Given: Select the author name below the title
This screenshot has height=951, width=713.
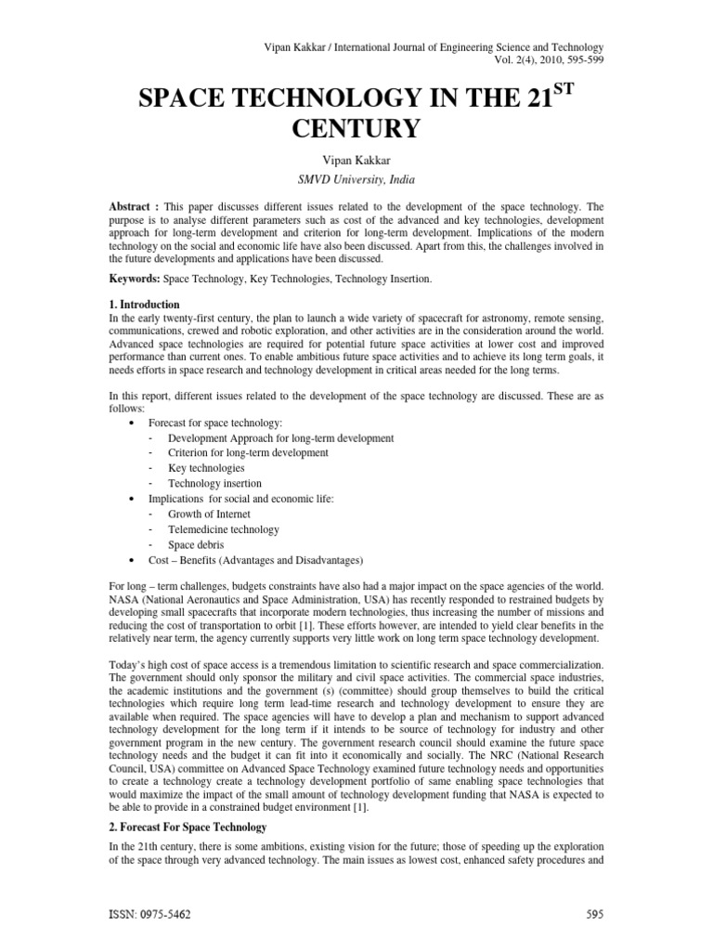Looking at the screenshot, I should pyautogui.click(x=356, y=161).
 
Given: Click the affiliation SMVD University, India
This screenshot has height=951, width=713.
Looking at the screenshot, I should pyautogui.click(x=356, y=180).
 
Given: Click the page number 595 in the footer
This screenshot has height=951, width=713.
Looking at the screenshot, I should pyautogui.click(x=595, y=914).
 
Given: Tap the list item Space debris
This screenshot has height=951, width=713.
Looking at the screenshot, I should pyautogui.click(x=197, y=544).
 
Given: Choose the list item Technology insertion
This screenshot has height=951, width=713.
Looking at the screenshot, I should pyautogui.click(x=215, y=483).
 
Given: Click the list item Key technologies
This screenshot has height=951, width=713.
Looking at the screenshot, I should pyautogui.click(x=207, y=468).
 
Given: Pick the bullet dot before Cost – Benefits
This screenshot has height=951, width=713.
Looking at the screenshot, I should pyautogui.click(x=129, y=560).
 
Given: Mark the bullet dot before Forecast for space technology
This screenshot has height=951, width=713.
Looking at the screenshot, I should pyautogui.click(x=129, y=423).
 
